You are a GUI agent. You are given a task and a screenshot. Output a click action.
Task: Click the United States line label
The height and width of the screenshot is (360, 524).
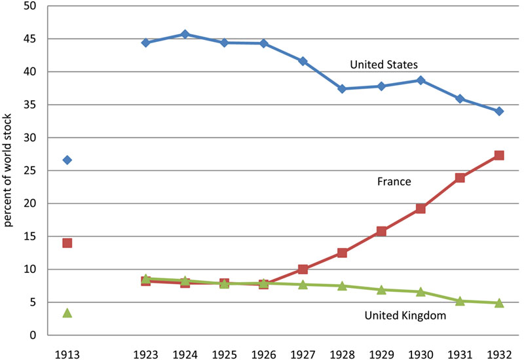pyautogui.click(x=384, y=64)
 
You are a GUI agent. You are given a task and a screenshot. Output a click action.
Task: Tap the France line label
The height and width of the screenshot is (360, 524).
pyautogui.click(x=394, y=181)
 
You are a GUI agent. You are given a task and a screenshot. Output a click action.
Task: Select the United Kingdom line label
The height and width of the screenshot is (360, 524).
pyautogui.click(x=405, y=315)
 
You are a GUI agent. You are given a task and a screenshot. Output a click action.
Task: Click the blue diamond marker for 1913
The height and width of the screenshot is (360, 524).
pyautogui.click(x=67, y=160)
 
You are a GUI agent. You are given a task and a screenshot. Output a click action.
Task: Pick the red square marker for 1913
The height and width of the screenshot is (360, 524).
pyautogui.click(x=67, y=243)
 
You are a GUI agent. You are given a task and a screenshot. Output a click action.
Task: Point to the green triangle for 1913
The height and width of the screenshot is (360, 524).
pyautogui.click(x=67, y=313)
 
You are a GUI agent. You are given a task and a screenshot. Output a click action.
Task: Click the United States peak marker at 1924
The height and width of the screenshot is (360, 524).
pyautogui.click(x=185, y=34)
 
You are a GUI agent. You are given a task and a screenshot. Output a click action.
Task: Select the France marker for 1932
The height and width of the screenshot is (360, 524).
pyautogui.click(x=499, y=155)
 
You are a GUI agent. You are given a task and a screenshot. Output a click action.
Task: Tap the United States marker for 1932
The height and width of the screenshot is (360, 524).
pyautogui.click(x=499, y=111)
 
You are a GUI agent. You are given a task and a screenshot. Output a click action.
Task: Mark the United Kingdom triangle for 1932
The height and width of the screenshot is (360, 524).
pyautogui.click(x=499, y=303)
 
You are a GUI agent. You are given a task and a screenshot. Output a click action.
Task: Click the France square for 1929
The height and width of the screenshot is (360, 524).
pyautogui.click(x=381, y=231)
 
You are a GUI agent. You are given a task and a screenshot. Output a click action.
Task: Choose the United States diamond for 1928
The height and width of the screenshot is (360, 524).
pyautogui.click(x=342, y=89)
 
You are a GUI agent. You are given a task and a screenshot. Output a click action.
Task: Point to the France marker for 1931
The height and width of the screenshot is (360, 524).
pyautogui.click(x=460, y=177)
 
